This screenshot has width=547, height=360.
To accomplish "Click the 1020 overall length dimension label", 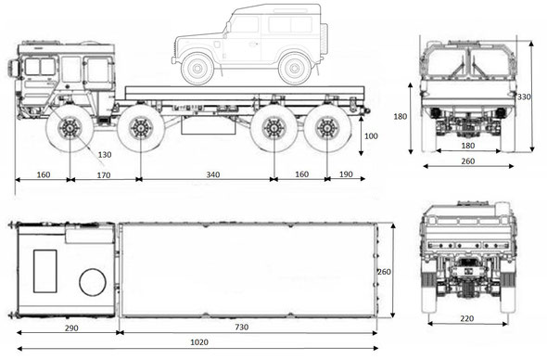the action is click(x=199, y=341).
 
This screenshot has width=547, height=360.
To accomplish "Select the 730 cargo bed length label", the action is click(x=241, y=328).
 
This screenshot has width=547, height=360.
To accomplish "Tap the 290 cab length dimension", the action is click(x=71, y=328).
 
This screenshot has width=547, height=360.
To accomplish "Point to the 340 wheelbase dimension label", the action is click(x=213, y=174).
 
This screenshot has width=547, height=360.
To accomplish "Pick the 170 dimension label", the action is click(x=104, y=175).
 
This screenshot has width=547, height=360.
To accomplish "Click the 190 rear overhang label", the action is click(x=346, y=174).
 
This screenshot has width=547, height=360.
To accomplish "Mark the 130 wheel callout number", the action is click(x=105, y=154).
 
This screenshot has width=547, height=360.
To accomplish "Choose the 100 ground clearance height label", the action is click(x=371, y=135).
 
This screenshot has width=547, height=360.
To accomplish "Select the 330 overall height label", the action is click(x=524, y=96).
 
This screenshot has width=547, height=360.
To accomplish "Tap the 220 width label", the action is click(x=466, y=318).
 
